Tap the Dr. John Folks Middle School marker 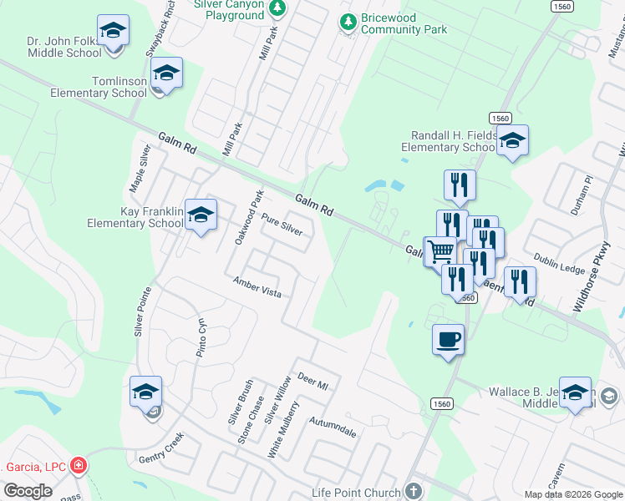[113, 32]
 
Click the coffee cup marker [448, 339]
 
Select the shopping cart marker [440, 250]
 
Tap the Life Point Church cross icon [410, 490]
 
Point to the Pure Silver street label [281, 224]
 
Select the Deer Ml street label [313, 382]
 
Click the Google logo [28, 490]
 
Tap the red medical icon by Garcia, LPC [78, 465]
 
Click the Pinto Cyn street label [201, 336]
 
